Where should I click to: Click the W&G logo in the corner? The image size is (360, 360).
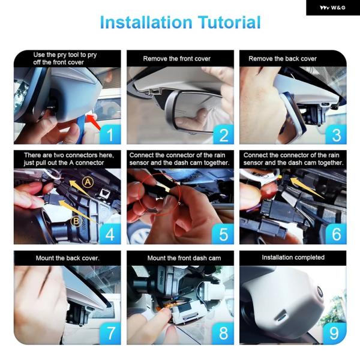click(332, 8)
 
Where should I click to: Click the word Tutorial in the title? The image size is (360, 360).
click(229, 22)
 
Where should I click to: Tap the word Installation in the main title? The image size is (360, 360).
click(146, 22)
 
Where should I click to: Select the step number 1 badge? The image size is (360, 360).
click(110, 134)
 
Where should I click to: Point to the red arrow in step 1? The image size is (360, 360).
click(94, 122)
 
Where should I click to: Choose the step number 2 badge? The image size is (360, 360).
click(224, 134)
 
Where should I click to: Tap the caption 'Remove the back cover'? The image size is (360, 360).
click(283, 59)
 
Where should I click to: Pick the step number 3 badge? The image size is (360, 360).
click(336, 134)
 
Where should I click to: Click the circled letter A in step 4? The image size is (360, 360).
click(88, 182)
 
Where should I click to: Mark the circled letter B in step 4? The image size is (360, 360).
click(76, 221)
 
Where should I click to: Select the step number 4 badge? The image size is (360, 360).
click(110, 234)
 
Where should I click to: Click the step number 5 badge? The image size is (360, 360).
click(223, 234)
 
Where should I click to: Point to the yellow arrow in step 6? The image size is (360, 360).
click(306, 187)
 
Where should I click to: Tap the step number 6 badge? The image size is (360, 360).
click(336, 234)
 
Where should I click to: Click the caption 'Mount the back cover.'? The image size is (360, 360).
click(67, 258)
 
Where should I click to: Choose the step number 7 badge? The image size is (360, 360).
click(110, 334)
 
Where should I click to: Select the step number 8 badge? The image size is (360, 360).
click(223, 334)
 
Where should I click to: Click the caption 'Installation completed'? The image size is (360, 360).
click(293, 257)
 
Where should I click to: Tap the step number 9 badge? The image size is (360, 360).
click(335, 334)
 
